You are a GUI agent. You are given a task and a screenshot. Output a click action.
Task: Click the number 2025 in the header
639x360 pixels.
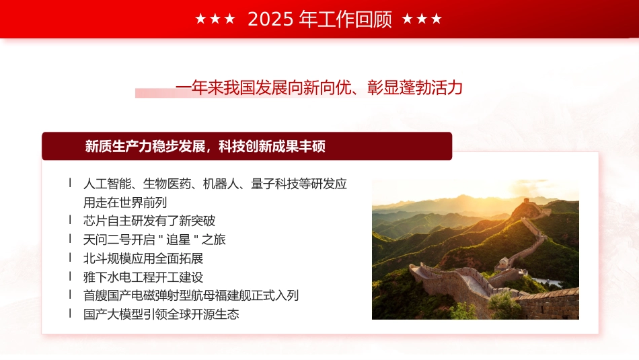pos(271,20)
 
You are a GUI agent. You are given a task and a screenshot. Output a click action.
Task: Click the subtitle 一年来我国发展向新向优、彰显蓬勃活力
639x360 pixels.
pos(319,87)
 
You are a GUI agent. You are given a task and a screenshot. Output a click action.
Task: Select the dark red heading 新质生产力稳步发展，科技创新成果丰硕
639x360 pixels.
pos(205,146)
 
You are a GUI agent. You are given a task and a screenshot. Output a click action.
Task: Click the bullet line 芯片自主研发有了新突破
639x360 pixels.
pos(149,221)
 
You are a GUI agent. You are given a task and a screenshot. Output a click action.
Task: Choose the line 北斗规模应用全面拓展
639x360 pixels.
pos(143,258)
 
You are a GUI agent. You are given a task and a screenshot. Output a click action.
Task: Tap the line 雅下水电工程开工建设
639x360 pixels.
pos(143,277)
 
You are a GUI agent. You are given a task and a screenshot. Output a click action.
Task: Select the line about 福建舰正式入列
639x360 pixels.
pos(191,295)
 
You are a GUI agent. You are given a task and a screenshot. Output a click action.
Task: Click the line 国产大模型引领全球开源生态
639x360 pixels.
pos(161,314)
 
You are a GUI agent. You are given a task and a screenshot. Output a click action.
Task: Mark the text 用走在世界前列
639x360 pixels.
pos(125,203)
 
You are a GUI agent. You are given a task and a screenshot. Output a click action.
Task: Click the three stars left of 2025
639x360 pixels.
pos(215,20)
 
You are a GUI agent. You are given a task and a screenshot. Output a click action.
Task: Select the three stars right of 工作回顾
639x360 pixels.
pos(422,20)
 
